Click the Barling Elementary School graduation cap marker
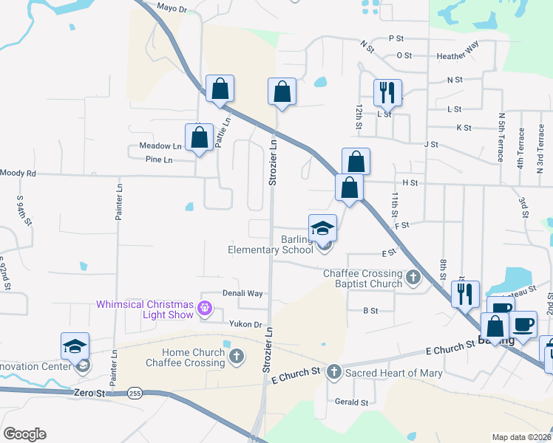[x=322, y=227]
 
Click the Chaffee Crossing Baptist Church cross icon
[x=413, y=278]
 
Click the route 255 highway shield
[x=135, y=394]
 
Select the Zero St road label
[x=90, y=394]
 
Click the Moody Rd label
[x=18, y=173]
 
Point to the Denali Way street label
[x=244, y=293]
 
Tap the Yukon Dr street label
[x=246, y=324]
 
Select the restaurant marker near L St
[x=387, y=92]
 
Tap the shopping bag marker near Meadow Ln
[x=199, y=137]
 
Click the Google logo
[x=24, y=434]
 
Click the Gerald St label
[x=351, y=402]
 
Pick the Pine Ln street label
[x=159, y=159]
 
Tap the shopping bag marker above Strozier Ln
[x=282, y=92]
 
